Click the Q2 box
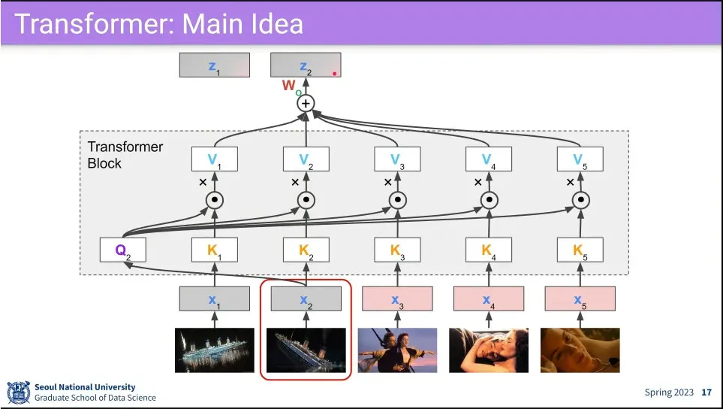pos(123,250)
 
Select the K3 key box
pos(397,250)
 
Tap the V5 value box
pos(580,159)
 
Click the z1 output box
pos(214,65)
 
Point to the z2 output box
pos(306,65)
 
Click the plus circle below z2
pos(306,103)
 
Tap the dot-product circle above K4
pos(489,200)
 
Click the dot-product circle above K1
pos(214,200)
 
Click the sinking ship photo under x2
pos(306,350)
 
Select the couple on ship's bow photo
pos(397,350)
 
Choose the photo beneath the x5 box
pos(580,350)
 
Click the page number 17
pos(706,392)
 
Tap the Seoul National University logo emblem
pos(18,392)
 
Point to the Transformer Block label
pos(125,155)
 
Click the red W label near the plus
pos(289,86)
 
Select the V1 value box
pos(214,159)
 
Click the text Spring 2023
pos(668,392)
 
